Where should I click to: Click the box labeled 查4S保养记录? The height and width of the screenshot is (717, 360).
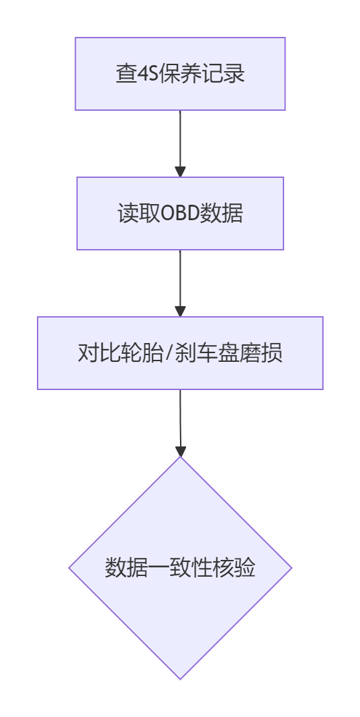180,74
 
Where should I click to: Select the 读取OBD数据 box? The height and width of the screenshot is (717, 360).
180,213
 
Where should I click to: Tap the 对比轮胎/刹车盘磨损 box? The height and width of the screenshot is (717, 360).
180,353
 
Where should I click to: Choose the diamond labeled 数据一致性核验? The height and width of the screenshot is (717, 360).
180,568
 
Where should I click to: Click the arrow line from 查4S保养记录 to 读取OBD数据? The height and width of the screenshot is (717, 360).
180,144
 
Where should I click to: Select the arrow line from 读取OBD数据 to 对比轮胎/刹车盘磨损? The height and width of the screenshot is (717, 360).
180,283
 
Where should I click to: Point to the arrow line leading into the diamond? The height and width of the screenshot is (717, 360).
180,423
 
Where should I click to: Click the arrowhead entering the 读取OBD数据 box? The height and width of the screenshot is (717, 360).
180,171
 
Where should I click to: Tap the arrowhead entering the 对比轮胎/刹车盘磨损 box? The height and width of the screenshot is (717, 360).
180,311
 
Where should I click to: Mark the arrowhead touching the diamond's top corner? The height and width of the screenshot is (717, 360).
181,451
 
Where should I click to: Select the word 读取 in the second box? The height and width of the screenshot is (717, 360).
138,213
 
